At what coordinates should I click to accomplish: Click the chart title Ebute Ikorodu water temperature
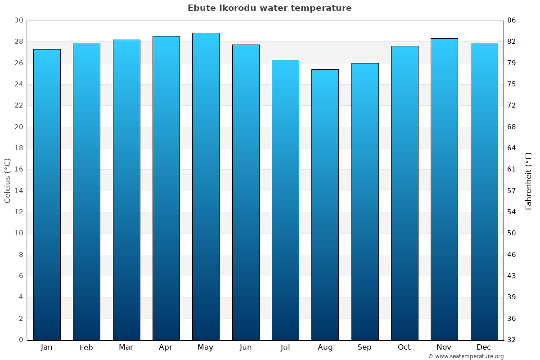click(x=270, y=8)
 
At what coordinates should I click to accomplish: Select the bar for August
click(x=325, y=205)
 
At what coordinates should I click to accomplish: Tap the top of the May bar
click(x=206, y=33)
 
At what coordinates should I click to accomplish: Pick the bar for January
click(x=47, y=194)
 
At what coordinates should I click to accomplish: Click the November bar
click(x=444, y=189)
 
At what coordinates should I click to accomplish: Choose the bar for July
click(x=285, y=200)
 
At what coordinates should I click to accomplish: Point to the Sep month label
click(x=364, y=347)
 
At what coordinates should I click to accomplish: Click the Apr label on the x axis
click(x=166, y=347)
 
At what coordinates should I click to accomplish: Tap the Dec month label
click(x=484, y=347)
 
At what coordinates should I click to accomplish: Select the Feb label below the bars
click(x=86, y=347)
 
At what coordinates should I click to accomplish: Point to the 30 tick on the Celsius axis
click(x=18, y=20)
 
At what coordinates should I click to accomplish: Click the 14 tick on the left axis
click(x=18, y=191)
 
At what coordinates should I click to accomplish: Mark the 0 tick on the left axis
click(x=21, y=340)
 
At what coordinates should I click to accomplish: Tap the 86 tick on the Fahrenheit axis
click(x=512, y=20)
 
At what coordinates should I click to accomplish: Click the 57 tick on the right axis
click(x=512, y=191)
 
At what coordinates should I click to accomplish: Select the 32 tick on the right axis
click(x=512, y=340)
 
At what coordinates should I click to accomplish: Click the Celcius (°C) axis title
click(x=7, y=180)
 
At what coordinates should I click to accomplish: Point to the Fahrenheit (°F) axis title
click(x=529, y=180)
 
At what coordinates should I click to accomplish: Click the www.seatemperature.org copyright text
click(x=466, y=356)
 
